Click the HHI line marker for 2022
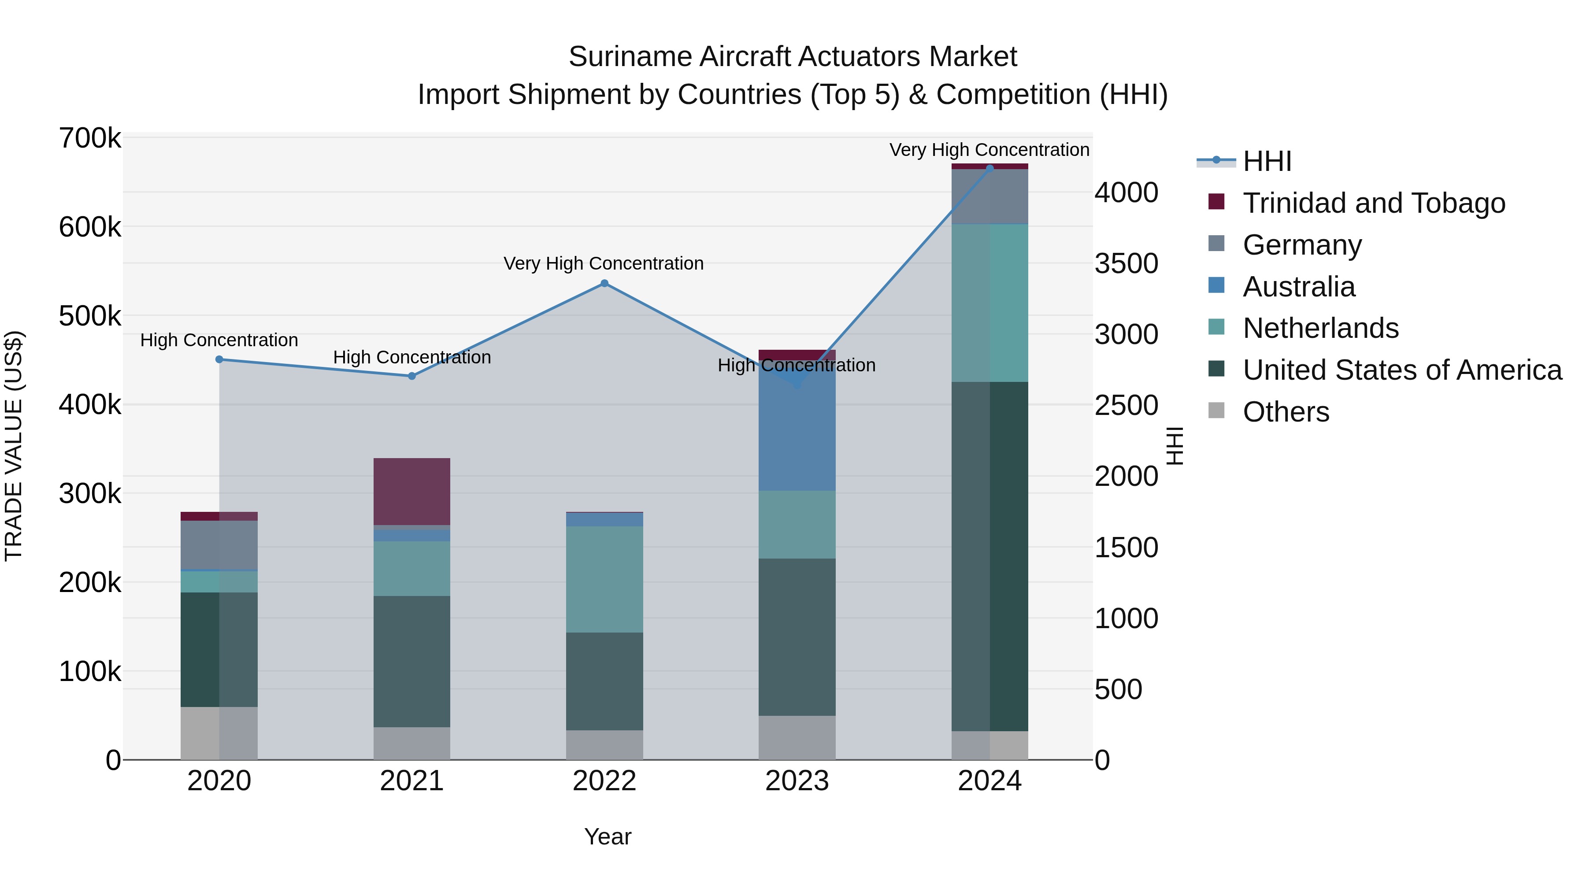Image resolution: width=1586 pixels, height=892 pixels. point(604,284)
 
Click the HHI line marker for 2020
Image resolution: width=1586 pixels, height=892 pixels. point(219,359)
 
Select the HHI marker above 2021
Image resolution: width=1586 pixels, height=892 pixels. point(412,376)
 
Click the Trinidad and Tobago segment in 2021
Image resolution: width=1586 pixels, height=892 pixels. point(412,491)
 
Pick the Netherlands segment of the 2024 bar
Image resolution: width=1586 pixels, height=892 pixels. point(989,303)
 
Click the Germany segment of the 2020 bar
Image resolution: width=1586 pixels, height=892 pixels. point(219,545)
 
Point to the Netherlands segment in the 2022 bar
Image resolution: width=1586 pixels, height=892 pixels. point(604,579)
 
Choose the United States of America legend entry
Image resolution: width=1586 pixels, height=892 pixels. point(1402,370)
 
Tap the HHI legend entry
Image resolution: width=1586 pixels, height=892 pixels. point(1267,161)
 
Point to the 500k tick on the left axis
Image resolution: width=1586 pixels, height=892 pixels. point(90,316)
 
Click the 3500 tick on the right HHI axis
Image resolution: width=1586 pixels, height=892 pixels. point(1126,263)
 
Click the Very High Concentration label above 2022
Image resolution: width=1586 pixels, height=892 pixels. point(604,263)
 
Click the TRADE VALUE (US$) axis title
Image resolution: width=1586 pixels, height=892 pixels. point(14,446)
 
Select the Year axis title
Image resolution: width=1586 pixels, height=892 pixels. point(608,836)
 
